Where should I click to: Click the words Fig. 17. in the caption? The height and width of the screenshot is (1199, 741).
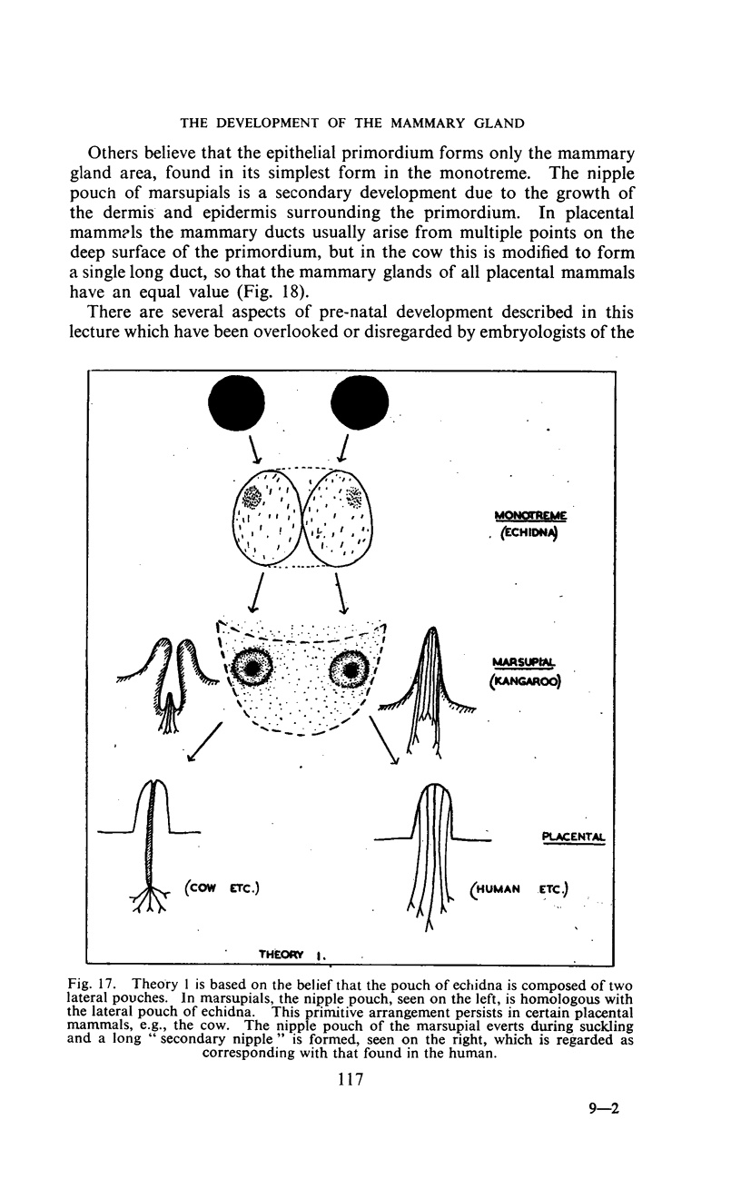(x=94, y=984)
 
